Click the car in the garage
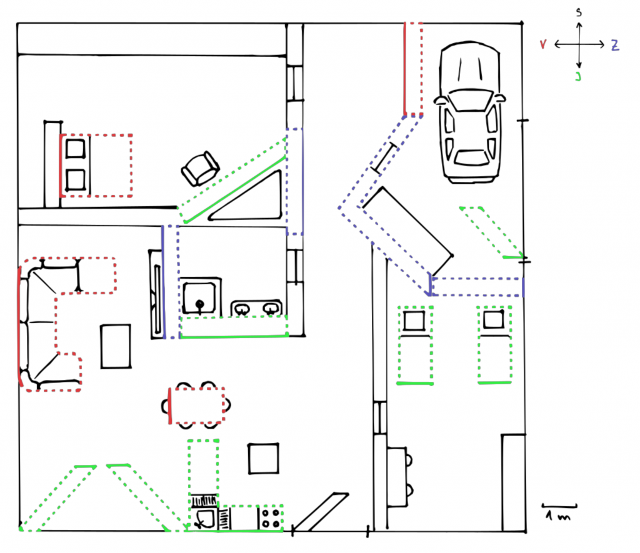[x=470, y=112]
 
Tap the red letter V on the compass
[x=543, y=44]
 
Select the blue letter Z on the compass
[x=615, y=45]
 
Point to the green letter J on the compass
[x=578, y=76]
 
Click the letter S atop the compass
[x=579, y=12]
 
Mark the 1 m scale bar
[x=559, y=506]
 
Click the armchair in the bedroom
[x=200, y=169]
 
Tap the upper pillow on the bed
[x=76, y=149]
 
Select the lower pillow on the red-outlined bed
[x=76, y=180]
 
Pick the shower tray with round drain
[x=199, y=297]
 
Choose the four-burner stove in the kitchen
[x=271, y=518]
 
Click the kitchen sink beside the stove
[x=204, y=519]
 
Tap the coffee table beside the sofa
[x=116, y=346]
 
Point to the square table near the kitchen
[x=264, y=458]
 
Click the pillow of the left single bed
[x=414, y=321]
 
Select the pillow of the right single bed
[x=494, y=319]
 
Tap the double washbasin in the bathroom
[x=256, y=308]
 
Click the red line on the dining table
[x=170, y=406]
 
